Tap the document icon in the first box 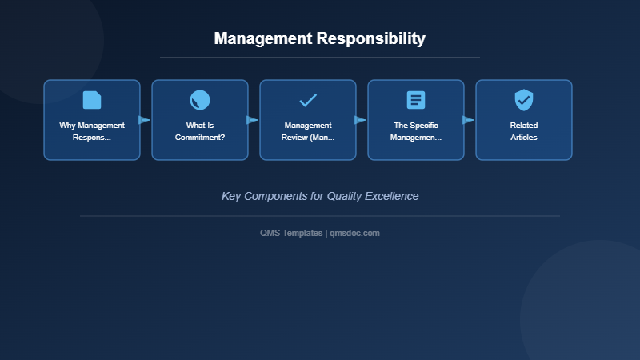click(x=92, y=100)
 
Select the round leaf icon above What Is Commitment click(x=200, y=100)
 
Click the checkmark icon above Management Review click(x=308, y=100)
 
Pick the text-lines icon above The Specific click(x=416, y=100)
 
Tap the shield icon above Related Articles click(x=524, y=100)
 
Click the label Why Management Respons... click(x=92, y=131)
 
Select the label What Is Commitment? click(x=200, y=131)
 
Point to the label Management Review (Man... click(x=308, y=131)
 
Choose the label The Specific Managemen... click(x=416, y=131)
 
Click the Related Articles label click(x=524, y=131)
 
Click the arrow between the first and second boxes click(x=145, y=120)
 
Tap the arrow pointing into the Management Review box click(x=253, y=120)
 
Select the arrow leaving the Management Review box click(x=361, y=120)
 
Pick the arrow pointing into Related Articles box click(x=469, y=120)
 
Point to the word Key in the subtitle click(x=231, y=196)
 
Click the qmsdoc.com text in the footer click(x=355, y=233)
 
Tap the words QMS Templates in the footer click(x=291, y=233)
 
